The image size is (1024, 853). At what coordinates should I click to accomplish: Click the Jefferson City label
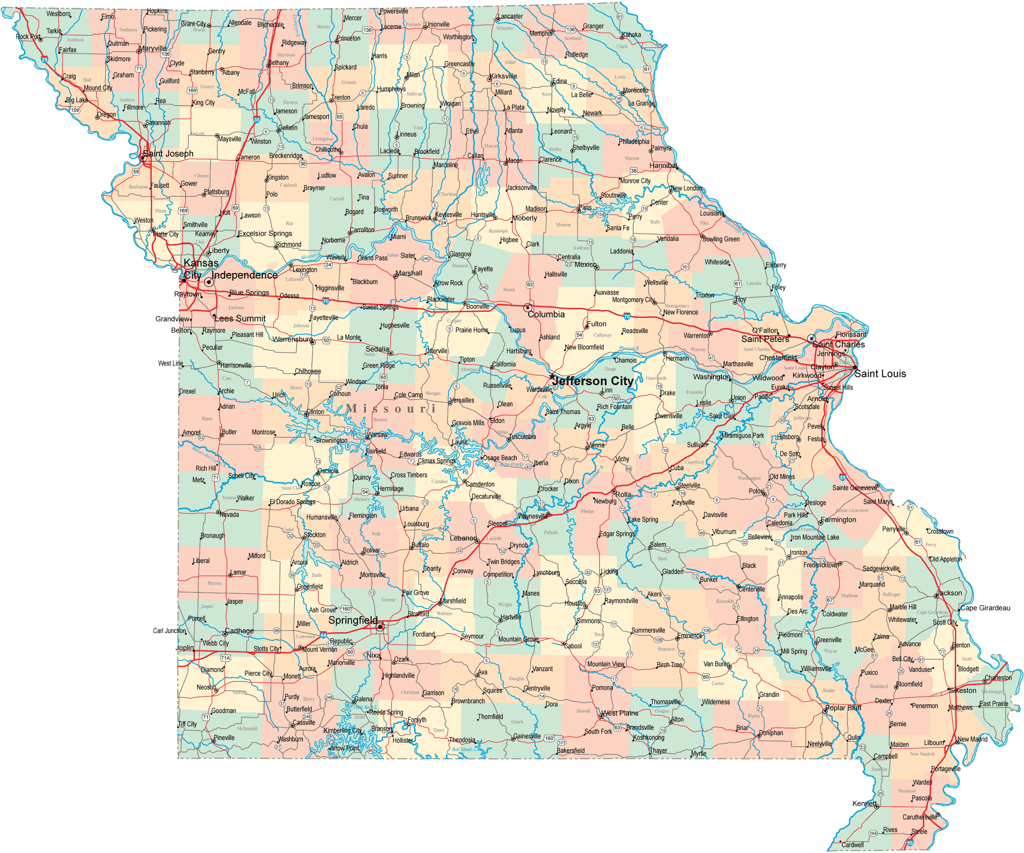coord(593,381)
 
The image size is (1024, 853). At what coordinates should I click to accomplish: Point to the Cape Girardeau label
coord(985,608)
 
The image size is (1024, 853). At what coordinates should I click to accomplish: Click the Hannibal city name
coord(663,166)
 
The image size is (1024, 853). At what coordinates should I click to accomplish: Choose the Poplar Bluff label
coord(843,708)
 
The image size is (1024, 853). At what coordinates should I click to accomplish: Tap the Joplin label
coord(185,648)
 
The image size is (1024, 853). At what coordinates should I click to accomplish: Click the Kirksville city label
coord(504,76)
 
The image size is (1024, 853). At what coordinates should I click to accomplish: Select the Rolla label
coord(623,494)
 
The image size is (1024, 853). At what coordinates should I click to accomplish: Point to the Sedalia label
coord(377,349)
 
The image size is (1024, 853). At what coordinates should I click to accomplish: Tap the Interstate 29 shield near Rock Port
coord(44,59)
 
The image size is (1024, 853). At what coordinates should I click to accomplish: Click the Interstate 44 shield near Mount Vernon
coord(323,635)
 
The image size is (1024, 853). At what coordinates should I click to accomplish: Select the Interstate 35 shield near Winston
coord(256,120)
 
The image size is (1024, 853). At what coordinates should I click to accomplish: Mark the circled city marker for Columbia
coord(527,308)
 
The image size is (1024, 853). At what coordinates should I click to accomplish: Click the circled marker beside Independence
coord(208,282)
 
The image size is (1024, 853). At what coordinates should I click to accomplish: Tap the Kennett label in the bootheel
coord(864,803)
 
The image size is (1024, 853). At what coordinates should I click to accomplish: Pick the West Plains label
coord(620,713)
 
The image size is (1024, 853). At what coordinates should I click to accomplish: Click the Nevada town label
coord(229,514)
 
